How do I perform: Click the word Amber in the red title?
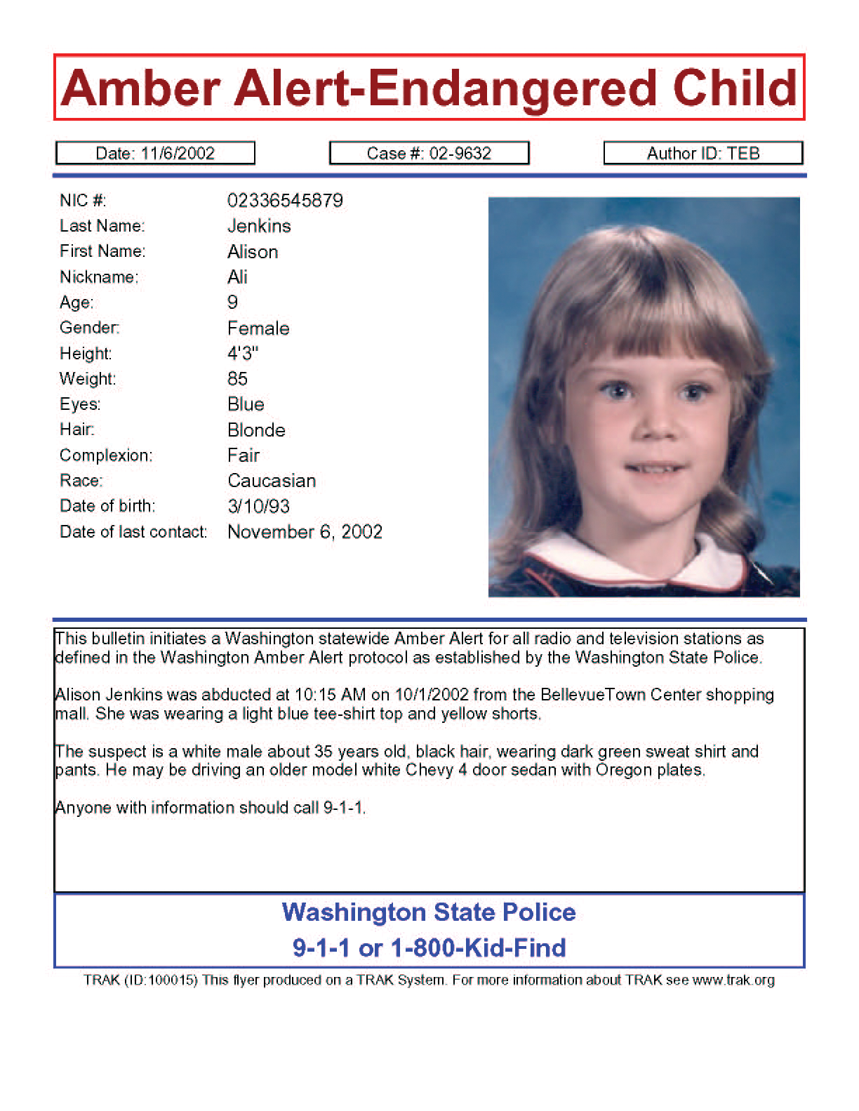coord(141,89)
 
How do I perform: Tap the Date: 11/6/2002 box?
coord(155,153)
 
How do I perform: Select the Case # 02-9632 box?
coord(429,153)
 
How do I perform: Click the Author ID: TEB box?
coord(703,153)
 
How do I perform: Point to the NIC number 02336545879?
coord(285,201)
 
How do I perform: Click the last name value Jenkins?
coord(259,226)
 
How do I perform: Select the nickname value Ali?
coord(238,277)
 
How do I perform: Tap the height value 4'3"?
coord(243,354)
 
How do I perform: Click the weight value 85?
coord(238,379)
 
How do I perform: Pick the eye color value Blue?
coord(246,404)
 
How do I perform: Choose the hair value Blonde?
coord(256,430)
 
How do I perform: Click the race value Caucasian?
coord(272,481)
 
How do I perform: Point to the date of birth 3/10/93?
coord(258,507)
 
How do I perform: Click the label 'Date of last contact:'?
coord(133,532)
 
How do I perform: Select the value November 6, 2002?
coord(305,532)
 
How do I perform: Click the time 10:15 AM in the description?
coord(330,695)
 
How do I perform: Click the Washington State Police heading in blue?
coord(429,912)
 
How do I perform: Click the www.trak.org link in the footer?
coord(733,980)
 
